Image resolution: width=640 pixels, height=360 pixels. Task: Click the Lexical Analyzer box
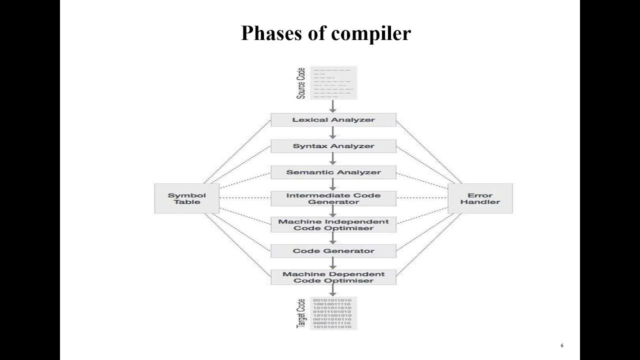[x=333, y=120]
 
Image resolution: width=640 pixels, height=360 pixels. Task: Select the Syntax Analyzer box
[x=333, y=146]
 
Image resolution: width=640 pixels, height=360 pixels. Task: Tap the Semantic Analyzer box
[x=333, y=172]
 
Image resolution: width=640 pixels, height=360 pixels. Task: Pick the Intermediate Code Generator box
[x=333, y=198]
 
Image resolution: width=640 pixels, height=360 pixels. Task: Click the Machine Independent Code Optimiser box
[x=333, y=224]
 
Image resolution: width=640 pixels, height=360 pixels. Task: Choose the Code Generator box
[x=333, y=251]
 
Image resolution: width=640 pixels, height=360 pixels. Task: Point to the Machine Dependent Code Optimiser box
[x=333, y=277]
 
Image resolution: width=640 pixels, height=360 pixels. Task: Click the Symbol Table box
[x=187, y=198]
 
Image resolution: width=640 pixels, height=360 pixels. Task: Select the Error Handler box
[x=480, y=198]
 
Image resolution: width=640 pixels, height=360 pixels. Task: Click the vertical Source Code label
[x=301, y=83]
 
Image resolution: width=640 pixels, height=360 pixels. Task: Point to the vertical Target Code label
[x=301, y=313]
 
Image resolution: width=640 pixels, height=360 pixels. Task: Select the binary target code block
[x=332, y=313]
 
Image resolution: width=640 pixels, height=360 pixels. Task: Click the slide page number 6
[x=562, y=345]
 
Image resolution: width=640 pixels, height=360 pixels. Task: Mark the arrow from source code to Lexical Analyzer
[x=333, y=106]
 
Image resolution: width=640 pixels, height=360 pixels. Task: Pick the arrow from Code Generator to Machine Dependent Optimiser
[x=333, y=263]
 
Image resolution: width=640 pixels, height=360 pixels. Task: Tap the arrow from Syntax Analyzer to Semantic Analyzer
[x=333, y=159]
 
